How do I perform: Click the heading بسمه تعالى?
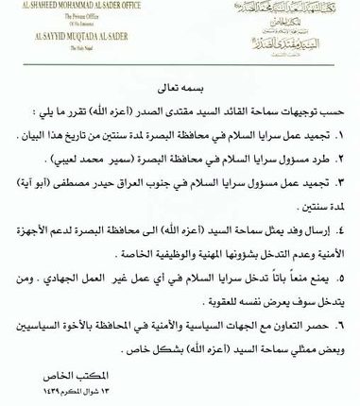180,82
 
